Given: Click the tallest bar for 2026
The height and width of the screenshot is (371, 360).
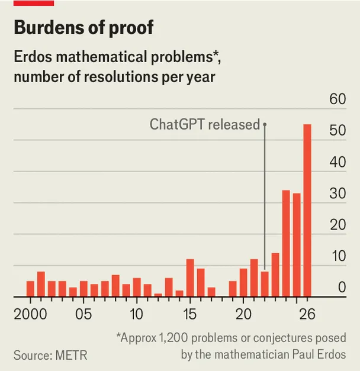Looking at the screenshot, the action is click(307, 210).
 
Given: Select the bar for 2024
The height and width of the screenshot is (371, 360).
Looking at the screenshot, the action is click(286, 243).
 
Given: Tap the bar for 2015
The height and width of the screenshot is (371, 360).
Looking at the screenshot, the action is click(190, 278).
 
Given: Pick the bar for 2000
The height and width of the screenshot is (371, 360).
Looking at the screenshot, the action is click(30, 289).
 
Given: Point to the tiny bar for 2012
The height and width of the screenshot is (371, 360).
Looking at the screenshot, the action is click(158, 295).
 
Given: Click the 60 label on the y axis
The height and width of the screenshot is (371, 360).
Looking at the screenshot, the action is click(337, 99).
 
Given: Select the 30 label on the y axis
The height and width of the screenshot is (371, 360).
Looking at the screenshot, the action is click(337, 193).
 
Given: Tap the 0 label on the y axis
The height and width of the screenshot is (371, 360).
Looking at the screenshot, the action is click(342, 287).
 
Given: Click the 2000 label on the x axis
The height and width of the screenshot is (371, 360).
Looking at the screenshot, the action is click(30, 314).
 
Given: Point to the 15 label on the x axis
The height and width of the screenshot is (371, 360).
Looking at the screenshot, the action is click(190, 314).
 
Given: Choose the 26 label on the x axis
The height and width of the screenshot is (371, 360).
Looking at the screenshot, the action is click(307, 314).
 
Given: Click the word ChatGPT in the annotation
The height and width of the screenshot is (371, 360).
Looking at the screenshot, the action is click(177, 124).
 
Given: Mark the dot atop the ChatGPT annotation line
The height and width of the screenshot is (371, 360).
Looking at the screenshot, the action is click(265, 124).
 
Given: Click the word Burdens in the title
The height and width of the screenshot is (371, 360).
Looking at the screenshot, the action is click(49, 27).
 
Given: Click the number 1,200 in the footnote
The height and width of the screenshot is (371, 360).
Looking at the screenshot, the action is click(173, 338).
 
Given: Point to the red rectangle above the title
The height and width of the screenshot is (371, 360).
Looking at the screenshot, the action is click(34, 3).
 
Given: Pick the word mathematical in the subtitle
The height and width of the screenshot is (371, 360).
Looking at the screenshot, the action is click(102, 57).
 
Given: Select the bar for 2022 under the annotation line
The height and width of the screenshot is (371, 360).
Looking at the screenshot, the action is click(265, 284).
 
